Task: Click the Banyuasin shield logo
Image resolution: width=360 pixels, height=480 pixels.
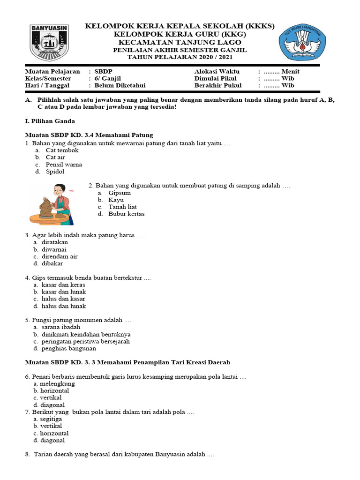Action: (49, 43)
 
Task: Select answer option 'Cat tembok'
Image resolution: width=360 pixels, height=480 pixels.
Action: (62, 150)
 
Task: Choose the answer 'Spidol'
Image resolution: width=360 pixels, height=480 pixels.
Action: (55, 172)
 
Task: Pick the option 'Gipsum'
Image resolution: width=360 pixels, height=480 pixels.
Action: (120, 193)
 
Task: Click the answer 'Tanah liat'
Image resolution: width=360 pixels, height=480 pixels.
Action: (122, 207)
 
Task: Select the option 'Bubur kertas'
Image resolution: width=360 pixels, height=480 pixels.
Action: (127, 214)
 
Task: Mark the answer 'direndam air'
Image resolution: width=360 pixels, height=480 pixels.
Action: (60, 256)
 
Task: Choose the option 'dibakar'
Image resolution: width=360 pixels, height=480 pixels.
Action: (52, 263)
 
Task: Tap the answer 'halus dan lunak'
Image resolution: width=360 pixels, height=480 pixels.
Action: (64, 306)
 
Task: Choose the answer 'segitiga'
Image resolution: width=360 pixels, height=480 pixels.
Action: (52, 419)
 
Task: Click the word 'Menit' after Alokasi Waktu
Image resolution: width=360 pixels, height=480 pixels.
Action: (290, 71)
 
